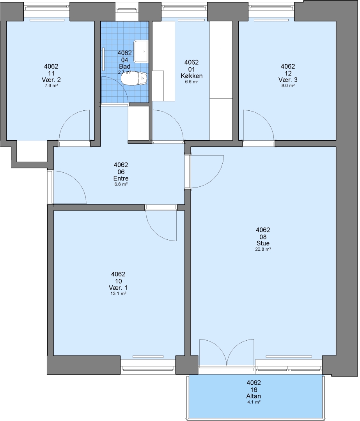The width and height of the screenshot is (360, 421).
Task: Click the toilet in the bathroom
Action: (134, 78)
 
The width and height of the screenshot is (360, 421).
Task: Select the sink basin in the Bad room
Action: (141, 51)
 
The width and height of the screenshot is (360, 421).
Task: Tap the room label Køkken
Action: (192, 76)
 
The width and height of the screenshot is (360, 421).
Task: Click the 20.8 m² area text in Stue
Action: (263, 249)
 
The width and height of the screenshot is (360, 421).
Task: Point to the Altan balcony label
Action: (254, 396)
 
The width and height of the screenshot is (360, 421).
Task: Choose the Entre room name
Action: (121, 178)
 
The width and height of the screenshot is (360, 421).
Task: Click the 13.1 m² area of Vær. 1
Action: (118, 294)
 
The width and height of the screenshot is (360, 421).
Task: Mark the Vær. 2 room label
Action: (51, 80)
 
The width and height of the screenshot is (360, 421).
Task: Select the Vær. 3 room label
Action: (288, 80)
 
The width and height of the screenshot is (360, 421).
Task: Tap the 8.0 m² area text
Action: (288, 86)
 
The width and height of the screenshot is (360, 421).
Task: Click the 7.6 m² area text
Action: (51, 86)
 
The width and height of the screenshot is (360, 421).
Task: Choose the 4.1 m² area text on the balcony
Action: (254, 402)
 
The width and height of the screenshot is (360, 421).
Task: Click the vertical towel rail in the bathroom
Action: (103, 58)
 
